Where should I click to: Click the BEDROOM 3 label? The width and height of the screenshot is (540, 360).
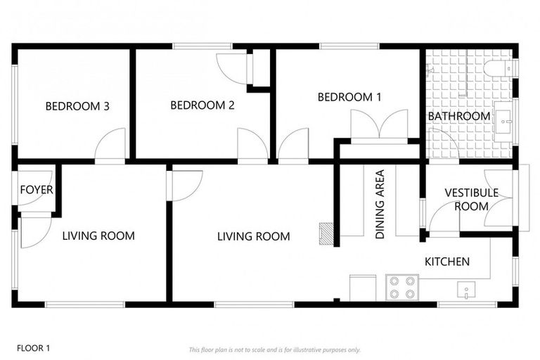pyautogui.click(x=77, y=107)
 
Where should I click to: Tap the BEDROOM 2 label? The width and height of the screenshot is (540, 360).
pyautogui.click(x=202, y=105)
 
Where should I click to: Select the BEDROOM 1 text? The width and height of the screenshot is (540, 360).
pyautogui.click(x=349, y=97)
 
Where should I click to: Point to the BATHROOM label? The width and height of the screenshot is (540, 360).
pyautogui.click(x=459, y=116)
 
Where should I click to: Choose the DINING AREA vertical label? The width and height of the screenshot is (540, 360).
pyautogui.click(x=380, y=205)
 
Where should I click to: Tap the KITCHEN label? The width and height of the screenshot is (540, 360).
pyautogui.click(x=447, y=262)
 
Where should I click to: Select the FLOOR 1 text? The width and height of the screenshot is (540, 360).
pyautogui.click(x=34, y=347)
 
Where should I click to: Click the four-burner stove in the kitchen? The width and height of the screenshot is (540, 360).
pyautogui.click(x=402, y=288)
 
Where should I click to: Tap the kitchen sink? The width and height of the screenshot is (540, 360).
pyautogui.click(x=466, y=289)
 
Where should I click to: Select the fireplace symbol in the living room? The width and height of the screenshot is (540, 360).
pyautogui.click(x=326, y=233)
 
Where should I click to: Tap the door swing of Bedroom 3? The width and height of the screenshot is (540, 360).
pyautogui.click(x=110, y=146)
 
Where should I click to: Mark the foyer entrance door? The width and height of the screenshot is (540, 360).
pyautogui.click(x=32, y=232)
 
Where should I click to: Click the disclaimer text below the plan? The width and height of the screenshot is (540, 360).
pyautogui.click(x=274, y=349)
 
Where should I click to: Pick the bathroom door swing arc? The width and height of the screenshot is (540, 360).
pyautogui.click(x=445, y=143)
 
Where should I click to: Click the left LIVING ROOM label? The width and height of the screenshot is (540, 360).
pyautogui.click(x=98, y=236)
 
